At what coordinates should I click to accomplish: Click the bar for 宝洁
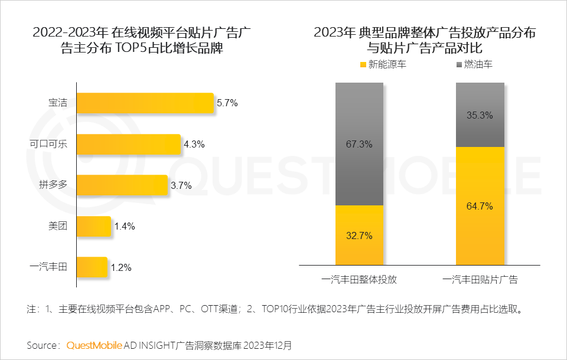click(x=145, y=103)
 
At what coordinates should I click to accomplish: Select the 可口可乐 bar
click(x=128, y=144)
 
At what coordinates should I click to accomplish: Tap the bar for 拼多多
click(x=122, y=185)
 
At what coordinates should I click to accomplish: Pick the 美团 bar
click(x=94, y=226)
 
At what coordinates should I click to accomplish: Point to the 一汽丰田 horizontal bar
click(x=92, y=267)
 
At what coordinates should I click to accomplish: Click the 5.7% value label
click(x=227, y=103)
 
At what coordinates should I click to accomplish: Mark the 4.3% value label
click(x=194, y=144)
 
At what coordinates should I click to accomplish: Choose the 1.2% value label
click(x=121, y=267)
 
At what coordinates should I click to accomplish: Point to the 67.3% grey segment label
click(x=359, y=145)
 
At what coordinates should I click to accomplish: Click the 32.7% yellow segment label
click(x=359, y=236)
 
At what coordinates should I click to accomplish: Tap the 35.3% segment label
click(x=480, y=116)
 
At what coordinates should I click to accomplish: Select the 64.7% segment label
click(x=480, y=207)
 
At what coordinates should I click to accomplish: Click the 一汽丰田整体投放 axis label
click(x=359, y=280)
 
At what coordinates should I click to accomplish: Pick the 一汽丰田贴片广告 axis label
click(x=480, y=280)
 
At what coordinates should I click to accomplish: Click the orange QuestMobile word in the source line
click(x=94, y=345)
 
